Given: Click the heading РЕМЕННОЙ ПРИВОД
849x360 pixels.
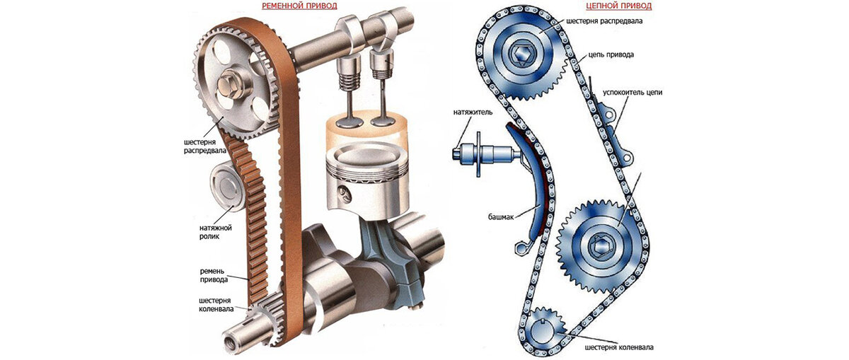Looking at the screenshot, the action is tap(299, 6).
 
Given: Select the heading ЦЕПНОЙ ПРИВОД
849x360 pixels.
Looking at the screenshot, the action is tap(618, 6).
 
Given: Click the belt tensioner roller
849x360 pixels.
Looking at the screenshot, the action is tap(227, 188).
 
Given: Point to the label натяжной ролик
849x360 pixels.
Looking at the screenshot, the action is tap(215, 232).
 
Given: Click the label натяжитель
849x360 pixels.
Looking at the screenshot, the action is tap(473, 112).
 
